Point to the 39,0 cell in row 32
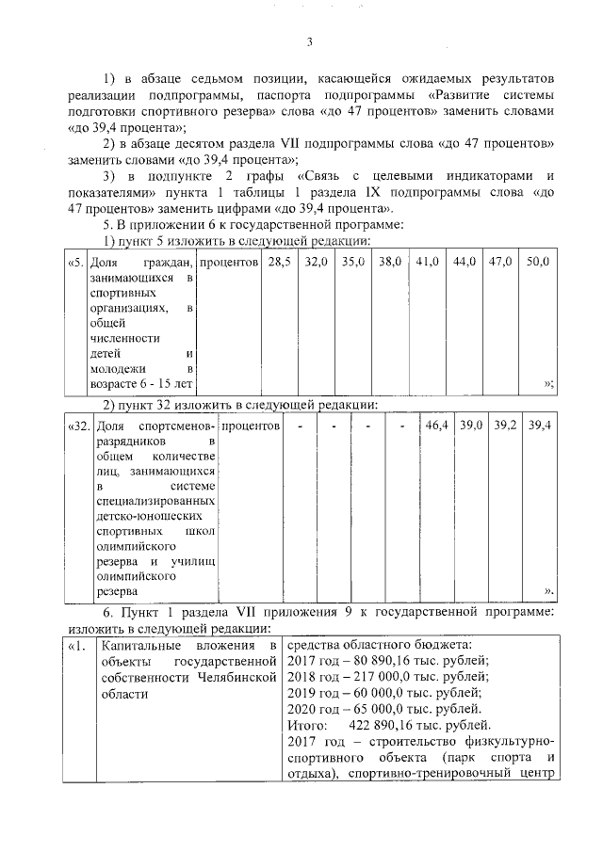[x=471, y=426]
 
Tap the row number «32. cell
[x=79, y=426]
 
